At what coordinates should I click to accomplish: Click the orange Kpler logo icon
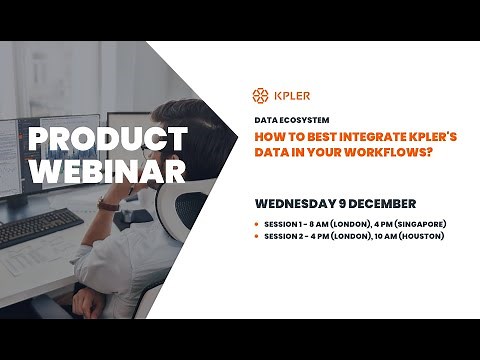260,96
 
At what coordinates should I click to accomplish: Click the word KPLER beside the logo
290,96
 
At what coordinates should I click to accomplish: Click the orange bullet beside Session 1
258,223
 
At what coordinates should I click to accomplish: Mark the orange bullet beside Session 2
258,236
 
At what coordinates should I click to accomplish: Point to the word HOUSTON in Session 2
421,236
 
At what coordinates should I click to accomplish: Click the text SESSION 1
284,223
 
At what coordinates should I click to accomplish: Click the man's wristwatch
108,202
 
